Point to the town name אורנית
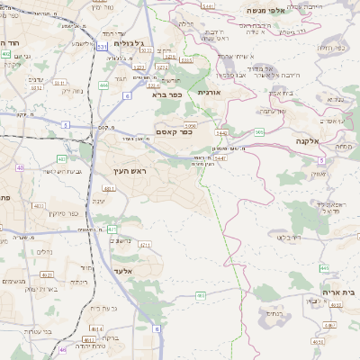tap(208, 92)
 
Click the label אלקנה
tap(308, 142)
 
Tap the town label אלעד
tap(122, 270)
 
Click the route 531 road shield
tap(102, 45)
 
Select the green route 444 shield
tap(104, 85)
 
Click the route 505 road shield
tap(258, 132)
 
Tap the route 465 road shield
tap(201, 295)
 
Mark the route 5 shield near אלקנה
tap(320, 159)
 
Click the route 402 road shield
tap(6, 54)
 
